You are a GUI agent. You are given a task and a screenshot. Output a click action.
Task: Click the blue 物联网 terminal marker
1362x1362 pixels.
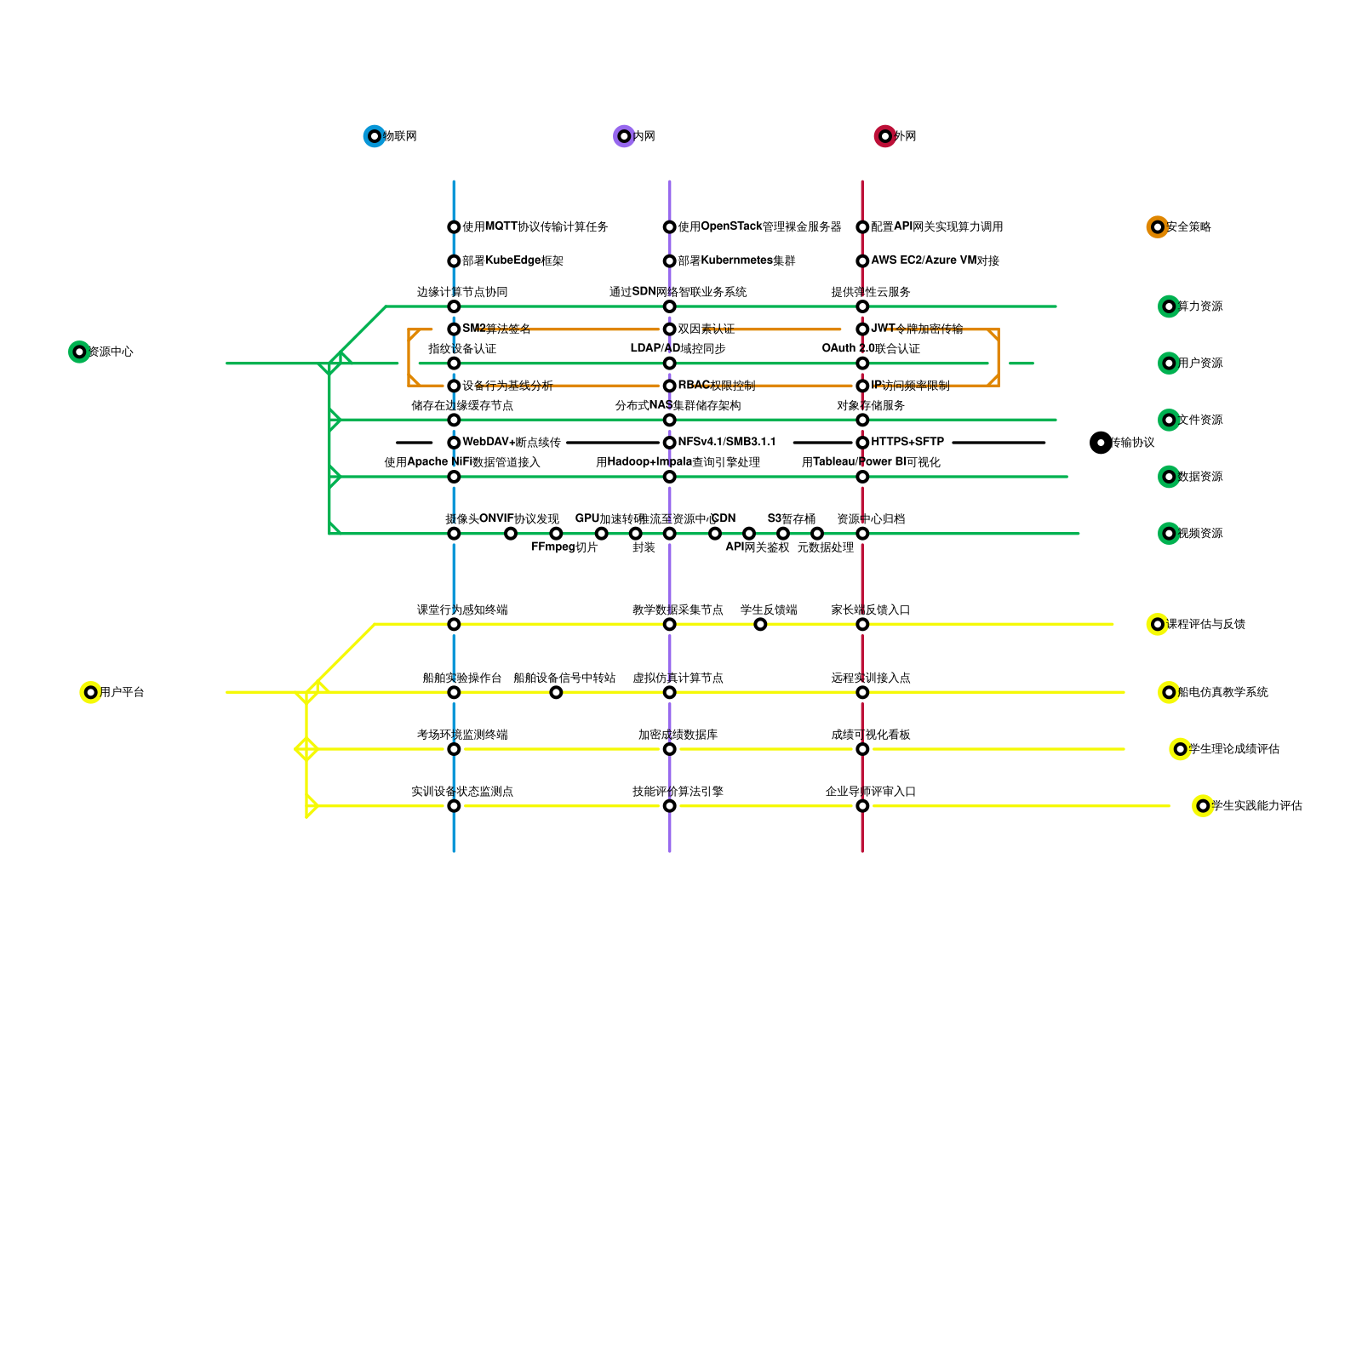click(x=375, y=136)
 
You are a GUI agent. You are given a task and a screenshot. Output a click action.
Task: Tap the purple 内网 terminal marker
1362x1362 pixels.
click(x=624, y=136)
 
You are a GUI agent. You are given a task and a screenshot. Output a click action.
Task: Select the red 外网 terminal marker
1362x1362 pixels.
click(x=885, y=136)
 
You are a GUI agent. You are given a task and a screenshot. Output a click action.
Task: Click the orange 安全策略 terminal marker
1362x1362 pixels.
click(x=1158, y=227)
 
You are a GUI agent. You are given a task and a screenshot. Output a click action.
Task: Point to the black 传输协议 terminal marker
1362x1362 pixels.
click(x=1101, y=443)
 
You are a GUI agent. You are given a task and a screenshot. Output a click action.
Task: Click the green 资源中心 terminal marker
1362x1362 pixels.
click(x=79, y=352)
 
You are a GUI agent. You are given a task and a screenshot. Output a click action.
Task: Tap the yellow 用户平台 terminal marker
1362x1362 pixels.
click(x=90, y=692)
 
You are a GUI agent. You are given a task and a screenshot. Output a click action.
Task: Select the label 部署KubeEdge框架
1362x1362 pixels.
click(x=512, y=261)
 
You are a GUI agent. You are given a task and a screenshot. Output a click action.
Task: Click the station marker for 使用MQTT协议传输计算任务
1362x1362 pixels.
click(x=454, y=227)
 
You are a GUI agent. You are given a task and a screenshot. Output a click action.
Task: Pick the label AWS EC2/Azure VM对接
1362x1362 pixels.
click(x=935, y=260)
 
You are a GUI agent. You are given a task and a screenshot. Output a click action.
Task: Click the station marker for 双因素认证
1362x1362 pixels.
click(x=670, y=329)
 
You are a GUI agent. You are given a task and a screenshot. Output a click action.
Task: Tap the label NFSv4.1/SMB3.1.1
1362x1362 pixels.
click(x=727, y=442)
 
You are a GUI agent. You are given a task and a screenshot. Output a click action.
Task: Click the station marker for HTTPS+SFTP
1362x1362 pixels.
click(x=862, y=443)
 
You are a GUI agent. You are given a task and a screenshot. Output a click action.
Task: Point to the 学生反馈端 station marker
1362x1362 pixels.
click(x=760, y=624)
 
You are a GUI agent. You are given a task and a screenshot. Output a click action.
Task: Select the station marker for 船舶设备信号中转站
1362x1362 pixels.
click(x=556, y=692)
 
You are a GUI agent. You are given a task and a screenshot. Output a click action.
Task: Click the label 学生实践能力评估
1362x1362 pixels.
click(x=1256, y=805)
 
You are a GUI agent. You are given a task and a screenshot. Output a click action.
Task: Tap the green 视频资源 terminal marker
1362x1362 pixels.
click(x=1169, y=534)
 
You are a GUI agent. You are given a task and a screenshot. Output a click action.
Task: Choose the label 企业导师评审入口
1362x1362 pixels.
click(x=870, y=792)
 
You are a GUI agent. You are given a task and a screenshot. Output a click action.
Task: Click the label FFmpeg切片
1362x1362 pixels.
click(x=564, y=547)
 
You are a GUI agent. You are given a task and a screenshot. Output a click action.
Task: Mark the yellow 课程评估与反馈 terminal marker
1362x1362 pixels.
click(x=1158, y=624)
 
